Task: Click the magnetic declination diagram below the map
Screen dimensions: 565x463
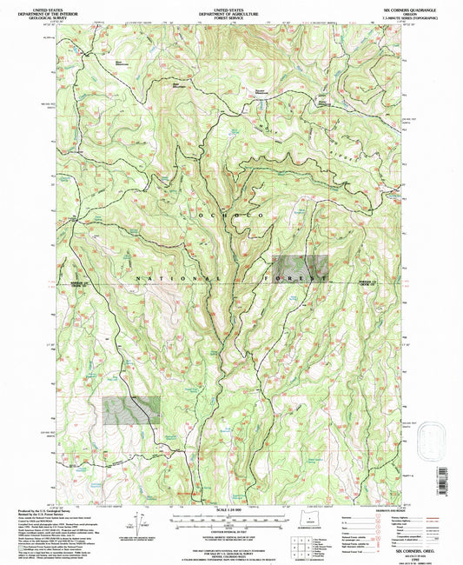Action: click(x=136, y=522)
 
